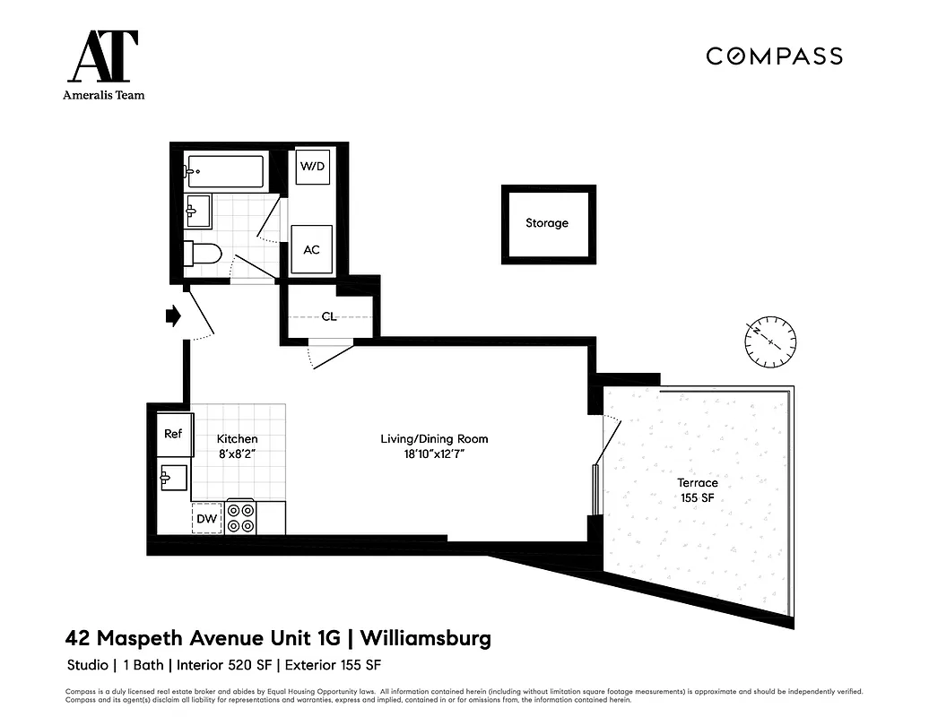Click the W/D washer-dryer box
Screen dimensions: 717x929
[x=311, y=167]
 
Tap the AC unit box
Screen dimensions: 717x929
[x=311, y=249]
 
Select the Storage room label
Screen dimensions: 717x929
[x=547, y=223]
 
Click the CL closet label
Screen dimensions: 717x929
[x=329, y=316]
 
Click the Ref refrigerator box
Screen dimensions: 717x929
[x=173, y=434]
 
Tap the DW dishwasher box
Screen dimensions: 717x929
[x=207, y=518]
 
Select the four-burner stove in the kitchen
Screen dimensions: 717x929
[x=240, y=517]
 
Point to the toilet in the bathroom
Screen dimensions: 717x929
[x=202, y=254]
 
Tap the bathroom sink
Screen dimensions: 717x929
[x=197, y=212]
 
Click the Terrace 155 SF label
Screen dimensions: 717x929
[x=697, y=490]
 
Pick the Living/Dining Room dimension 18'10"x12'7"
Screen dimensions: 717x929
[x=434, y=454]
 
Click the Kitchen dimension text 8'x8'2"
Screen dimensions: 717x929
[x=238, y=454]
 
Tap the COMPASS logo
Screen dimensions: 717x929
[x=774, y=56]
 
